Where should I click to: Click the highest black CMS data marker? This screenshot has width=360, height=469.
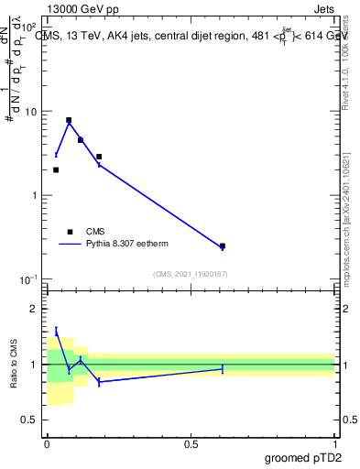point(69,120)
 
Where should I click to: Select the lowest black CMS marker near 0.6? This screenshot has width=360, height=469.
point(223,246)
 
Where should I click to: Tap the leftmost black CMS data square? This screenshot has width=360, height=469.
point(56,169)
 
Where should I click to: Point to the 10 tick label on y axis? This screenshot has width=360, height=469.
point(31,112)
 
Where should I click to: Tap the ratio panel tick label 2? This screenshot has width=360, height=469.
point(37,309)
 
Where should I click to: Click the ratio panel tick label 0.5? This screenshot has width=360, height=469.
point(32,420)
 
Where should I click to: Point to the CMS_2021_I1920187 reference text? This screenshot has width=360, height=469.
point(191,274)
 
